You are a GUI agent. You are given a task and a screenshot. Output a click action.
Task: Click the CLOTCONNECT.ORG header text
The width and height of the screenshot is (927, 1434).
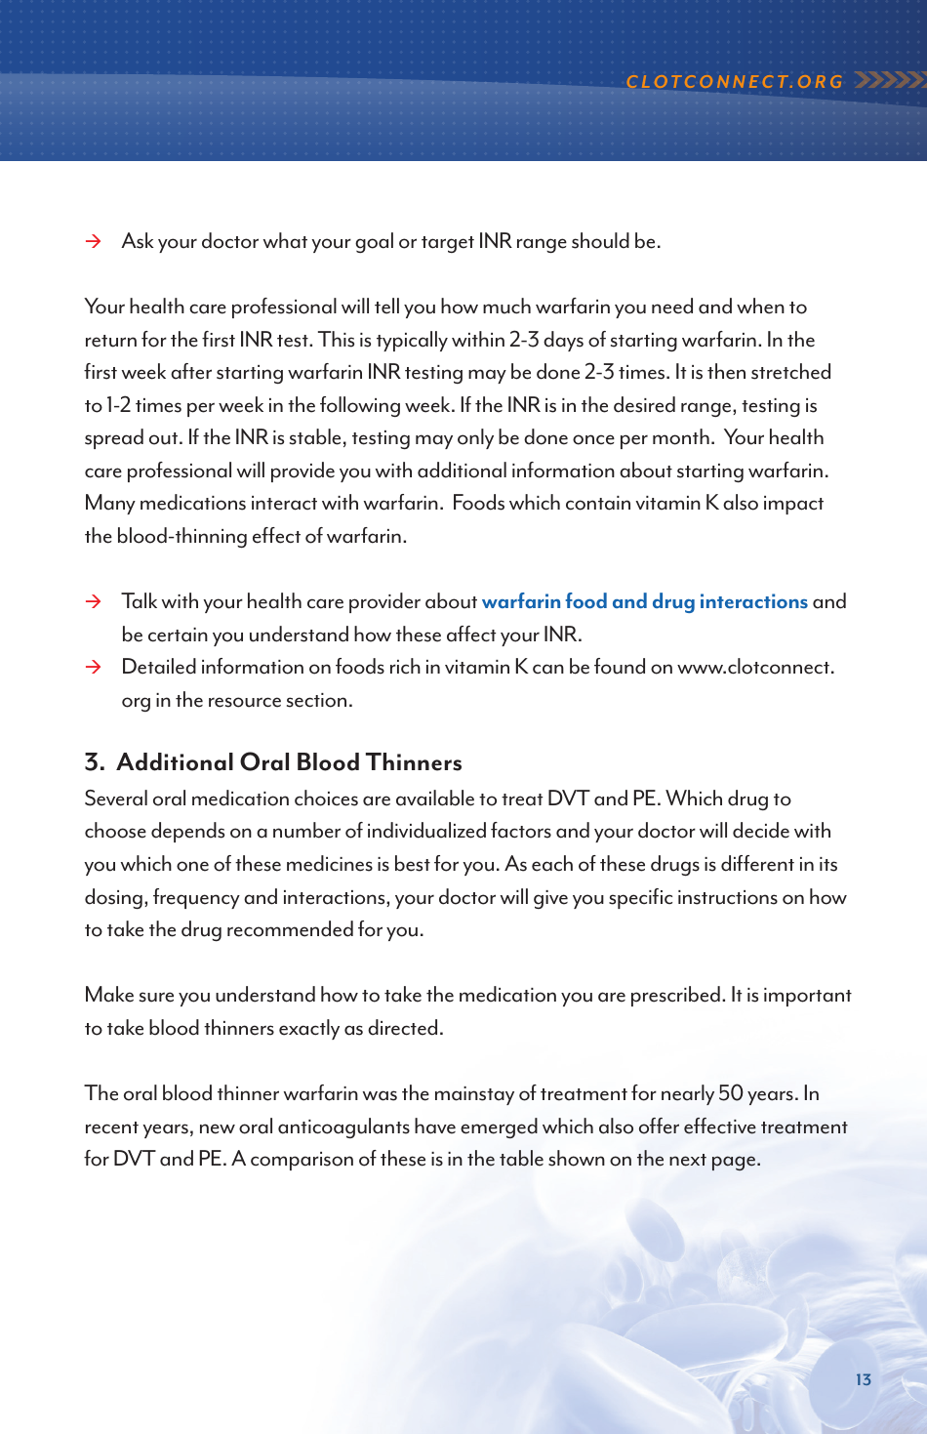(735, 82)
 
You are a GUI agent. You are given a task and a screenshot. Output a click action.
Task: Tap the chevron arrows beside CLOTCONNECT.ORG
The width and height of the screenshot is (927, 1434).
(889, 80)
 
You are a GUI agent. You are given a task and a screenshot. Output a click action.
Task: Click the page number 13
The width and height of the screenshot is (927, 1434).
(863, 1379)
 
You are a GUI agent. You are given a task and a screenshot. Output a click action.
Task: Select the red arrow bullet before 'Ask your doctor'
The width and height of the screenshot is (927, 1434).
(94, 242)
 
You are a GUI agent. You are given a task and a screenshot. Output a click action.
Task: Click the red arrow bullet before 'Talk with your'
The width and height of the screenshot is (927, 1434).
(94, 602)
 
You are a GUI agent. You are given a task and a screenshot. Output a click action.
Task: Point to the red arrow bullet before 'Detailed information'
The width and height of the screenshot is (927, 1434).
(94, 668)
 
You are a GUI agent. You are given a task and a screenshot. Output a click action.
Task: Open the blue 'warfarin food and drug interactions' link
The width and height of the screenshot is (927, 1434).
(644, 602)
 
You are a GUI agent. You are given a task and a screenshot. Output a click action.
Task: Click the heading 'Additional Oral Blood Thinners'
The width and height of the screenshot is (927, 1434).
(289, 762)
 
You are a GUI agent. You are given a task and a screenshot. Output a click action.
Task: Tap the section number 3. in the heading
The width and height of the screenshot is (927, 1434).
(94, 762)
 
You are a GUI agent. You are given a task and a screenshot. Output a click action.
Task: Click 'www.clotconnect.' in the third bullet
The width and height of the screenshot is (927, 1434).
(755, 668)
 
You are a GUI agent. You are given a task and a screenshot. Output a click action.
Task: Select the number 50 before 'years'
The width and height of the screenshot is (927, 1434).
(730, 1093)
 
